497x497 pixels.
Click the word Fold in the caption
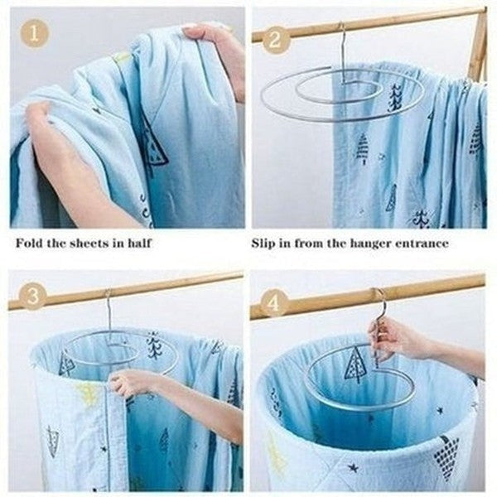point(27,244)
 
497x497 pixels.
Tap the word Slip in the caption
point(265,244)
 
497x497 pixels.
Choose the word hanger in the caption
point(365,244)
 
